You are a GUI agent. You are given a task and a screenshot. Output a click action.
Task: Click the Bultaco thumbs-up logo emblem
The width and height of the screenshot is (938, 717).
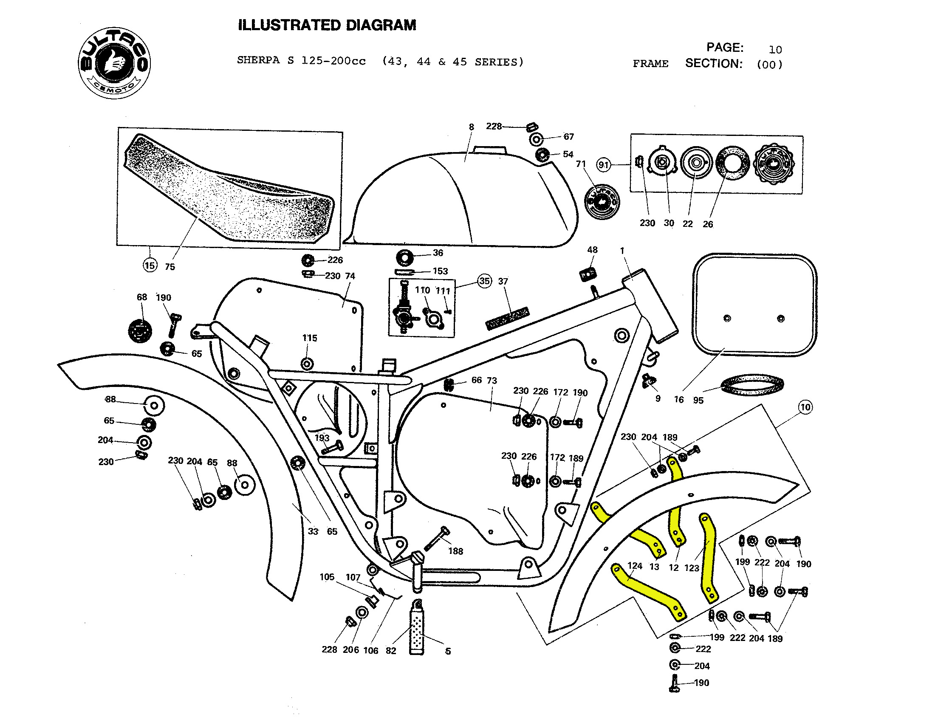(x=114, y=63)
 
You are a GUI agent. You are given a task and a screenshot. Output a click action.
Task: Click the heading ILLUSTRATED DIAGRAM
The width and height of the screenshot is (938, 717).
(x=327, y=25)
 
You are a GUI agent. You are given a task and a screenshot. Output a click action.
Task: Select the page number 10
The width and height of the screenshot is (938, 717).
(x=775, y=50)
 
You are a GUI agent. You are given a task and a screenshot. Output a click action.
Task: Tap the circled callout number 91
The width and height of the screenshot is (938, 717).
(x=603, y=165)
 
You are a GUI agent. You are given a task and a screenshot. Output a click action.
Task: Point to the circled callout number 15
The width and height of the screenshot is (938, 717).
(x=150, y=265)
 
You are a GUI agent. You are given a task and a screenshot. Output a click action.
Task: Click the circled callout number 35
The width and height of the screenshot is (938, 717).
(x=484, y=281)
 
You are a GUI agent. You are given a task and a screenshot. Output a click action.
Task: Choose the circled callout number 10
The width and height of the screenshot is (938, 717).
(x=805, y=407)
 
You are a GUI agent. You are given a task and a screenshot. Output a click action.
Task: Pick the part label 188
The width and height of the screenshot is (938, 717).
(x=455, y=551)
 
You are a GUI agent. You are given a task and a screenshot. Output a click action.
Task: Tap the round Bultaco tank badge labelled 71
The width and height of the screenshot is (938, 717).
(x=602, y=202)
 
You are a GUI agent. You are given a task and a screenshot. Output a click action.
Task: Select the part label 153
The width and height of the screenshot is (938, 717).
(x=440, y=271)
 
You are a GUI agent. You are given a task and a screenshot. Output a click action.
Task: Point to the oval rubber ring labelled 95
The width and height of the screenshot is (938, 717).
(x=752, y=385)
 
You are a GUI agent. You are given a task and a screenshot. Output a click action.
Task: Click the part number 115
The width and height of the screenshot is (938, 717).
(x=310, y=338)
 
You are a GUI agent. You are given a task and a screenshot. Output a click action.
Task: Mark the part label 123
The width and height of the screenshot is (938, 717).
(x=692, y=568)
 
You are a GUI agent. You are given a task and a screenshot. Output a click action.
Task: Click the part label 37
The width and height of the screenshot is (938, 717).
(x=503, y=282)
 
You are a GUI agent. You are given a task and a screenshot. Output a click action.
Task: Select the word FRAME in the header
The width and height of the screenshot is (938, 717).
(x=650, y=64)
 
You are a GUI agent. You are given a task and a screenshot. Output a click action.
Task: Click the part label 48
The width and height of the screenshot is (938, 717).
(x=592, y=250)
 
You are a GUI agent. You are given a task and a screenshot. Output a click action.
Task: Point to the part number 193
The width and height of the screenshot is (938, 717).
(x=322, y=438)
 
